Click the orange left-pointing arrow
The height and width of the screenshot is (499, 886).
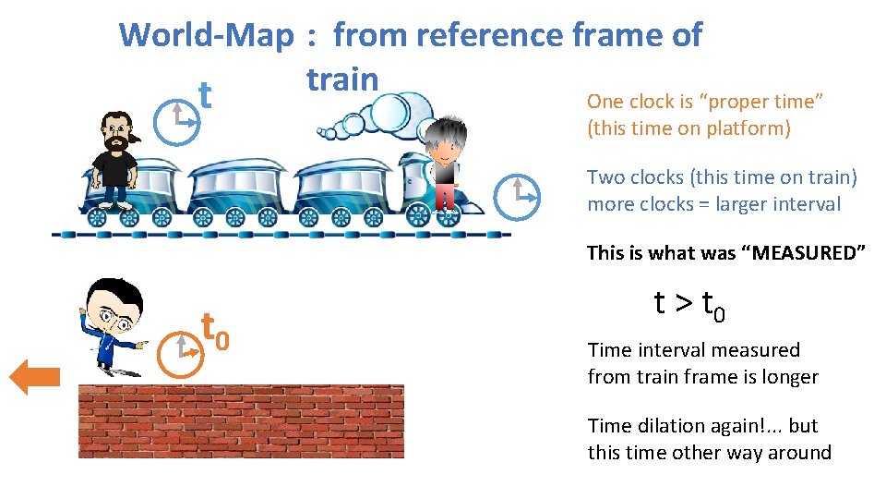click(x=35, y=376)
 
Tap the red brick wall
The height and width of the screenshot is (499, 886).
click(x=241, y=421)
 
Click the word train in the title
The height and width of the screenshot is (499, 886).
click(x=342, y=79)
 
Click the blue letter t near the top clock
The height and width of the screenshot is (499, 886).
click(x=206, y=93)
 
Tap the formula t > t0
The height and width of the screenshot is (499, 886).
click(x=688, y=305)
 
